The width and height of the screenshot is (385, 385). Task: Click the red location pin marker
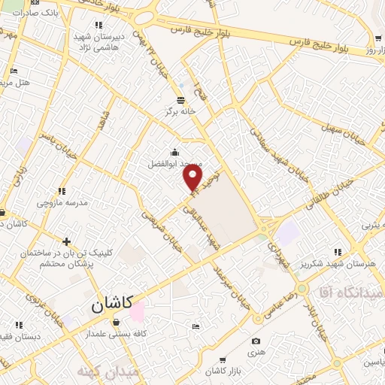coord(193,177)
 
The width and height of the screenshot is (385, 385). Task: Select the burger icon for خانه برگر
coord(180,99)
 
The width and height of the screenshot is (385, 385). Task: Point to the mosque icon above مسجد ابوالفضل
coord(175,151)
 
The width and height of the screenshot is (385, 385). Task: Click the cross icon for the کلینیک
coord(67,241)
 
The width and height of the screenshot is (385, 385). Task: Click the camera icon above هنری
coord(256,341)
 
